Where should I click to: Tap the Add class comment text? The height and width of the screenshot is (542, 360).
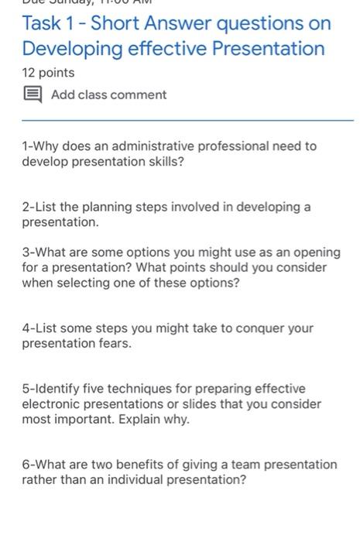click(108, 95)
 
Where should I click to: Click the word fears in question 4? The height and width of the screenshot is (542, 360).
click(113, 343)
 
